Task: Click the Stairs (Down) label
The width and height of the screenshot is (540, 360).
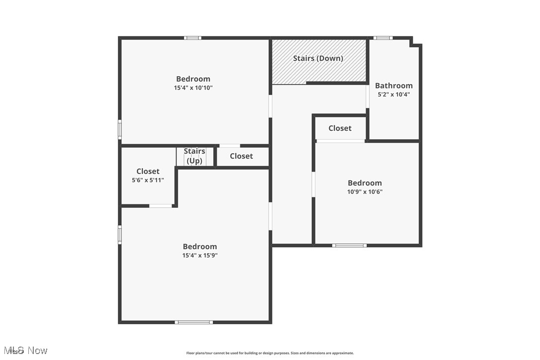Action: (318, 58)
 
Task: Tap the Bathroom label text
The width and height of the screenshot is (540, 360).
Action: (394, 86)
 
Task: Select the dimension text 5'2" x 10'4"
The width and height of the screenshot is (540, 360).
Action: (394, 94)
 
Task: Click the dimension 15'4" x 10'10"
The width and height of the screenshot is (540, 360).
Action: (193, 88)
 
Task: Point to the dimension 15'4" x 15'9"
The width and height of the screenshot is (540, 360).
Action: (200, 255)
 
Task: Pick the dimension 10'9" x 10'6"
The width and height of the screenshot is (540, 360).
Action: (365, 191)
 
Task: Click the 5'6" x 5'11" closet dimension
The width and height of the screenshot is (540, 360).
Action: (148, 180)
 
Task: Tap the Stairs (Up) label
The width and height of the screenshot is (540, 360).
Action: (194, 156)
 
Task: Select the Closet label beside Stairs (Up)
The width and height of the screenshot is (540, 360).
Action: (241, 156)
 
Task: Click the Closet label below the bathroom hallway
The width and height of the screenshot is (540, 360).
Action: (340, 128)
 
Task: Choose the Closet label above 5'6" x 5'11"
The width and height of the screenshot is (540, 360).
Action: (148, 172)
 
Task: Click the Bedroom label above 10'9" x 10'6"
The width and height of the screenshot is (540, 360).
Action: (365, 183)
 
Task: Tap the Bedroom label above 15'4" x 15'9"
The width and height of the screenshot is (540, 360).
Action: (200, 247)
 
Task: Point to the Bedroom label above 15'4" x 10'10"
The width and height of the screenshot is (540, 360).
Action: (193, 79)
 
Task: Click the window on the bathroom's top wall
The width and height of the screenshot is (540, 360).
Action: (383, 38)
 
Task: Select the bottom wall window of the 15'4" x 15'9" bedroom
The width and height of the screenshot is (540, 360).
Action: (194, 322)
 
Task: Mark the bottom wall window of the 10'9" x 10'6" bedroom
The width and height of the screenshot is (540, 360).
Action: (349, 245)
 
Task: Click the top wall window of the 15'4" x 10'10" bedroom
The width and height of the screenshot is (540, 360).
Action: (192, 38)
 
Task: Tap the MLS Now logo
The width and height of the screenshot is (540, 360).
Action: (25, 351)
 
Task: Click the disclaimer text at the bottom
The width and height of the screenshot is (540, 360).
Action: (270, 353)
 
